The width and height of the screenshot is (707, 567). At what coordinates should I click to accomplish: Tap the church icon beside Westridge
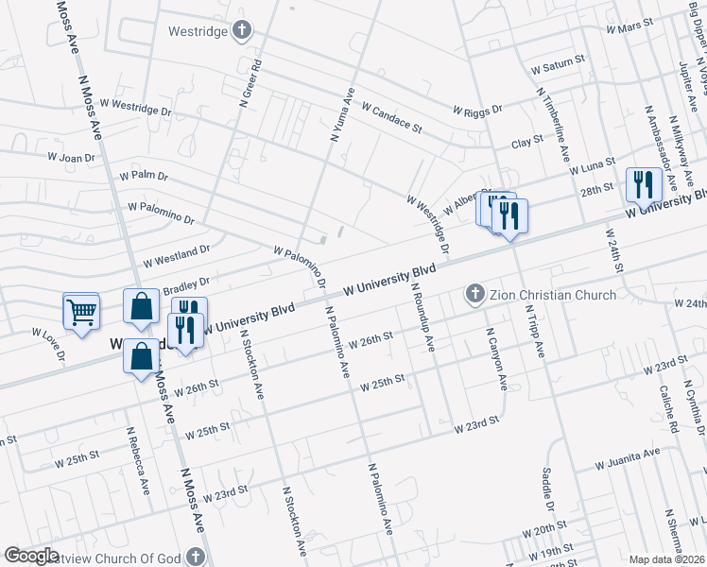[x=242, y=30]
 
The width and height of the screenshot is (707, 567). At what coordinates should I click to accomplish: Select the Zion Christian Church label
[x=552, y=295]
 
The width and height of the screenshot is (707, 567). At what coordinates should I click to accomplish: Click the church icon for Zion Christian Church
[x=475, y=295]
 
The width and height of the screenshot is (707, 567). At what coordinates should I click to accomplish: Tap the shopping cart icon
[x=81, y=310]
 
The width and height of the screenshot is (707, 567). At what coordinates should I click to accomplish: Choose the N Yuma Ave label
[x=341, y=114]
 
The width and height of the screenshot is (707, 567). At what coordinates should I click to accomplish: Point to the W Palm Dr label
[x=144, y=176]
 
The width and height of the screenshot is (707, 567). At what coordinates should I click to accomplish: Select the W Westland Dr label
[x=176, y=254]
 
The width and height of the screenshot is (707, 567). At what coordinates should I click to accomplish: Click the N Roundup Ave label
[x=422, y=317]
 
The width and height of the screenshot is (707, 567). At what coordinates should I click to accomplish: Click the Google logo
[x=32, y=556]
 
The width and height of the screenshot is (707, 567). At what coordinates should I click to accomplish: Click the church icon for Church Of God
[x=196, y=557]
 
